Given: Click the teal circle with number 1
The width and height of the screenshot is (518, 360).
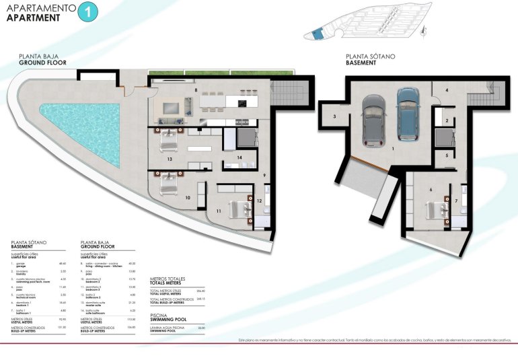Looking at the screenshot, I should (89, 11).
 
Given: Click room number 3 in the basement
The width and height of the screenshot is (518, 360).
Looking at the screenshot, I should (334, 116).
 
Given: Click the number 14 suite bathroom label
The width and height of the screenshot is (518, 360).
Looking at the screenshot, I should (239, 157).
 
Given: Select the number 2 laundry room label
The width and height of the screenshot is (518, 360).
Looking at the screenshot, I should (446, 120).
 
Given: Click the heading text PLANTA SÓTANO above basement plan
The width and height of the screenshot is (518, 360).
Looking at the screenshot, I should (370, 57).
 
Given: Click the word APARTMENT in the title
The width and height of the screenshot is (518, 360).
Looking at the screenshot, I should (31, 18).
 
